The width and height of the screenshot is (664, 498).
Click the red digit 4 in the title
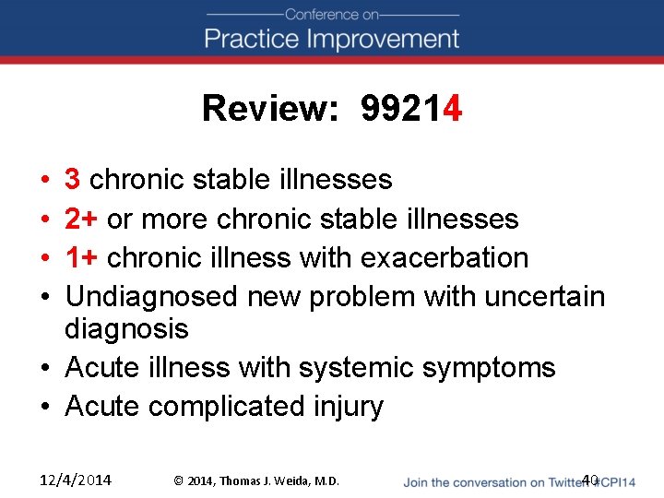coord(452,109)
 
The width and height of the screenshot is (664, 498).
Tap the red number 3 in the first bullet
coord(73,179)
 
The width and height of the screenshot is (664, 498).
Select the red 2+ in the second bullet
coord(82,219)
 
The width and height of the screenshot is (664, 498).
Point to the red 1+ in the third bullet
coord(82,257)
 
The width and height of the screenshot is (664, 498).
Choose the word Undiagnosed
coord(152,297)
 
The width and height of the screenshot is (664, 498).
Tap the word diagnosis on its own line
coord(126,329)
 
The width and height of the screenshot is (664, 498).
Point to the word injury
coord(350,407)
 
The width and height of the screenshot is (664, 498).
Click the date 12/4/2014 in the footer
coord(77,480)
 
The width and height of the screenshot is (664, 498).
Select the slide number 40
coord(590,480)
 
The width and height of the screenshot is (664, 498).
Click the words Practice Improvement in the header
coord(332,39)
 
